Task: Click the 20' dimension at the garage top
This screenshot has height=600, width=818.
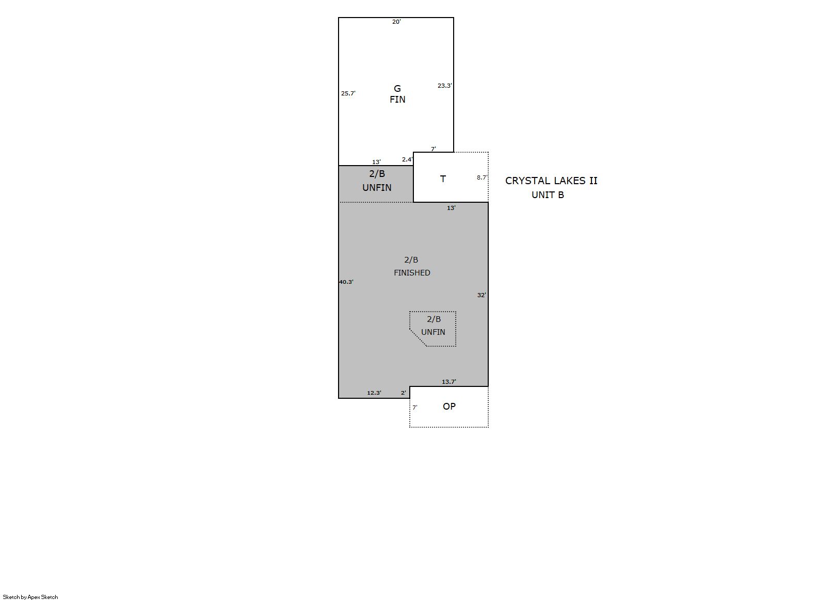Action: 396,22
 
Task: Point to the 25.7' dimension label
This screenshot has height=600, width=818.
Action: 348,93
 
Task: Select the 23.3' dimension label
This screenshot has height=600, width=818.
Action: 445,86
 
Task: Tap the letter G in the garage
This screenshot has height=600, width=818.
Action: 397,89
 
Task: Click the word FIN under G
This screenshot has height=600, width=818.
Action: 397,99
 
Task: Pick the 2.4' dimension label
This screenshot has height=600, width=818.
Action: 407,159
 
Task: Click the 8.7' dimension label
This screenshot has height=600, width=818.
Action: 482,178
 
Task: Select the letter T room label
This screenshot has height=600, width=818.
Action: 443,179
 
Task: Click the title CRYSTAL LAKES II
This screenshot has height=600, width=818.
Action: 551,181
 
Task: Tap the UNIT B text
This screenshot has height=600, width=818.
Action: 548,195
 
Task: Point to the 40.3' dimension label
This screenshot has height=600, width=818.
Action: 346,282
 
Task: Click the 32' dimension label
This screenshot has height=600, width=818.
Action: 482,295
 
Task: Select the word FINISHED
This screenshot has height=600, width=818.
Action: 412,272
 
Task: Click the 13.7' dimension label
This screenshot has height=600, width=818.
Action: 449,382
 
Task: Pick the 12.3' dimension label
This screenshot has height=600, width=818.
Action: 374,393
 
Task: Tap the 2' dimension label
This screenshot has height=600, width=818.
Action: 404,393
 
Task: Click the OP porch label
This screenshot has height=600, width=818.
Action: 449,407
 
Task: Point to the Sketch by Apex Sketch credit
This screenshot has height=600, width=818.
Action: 30,597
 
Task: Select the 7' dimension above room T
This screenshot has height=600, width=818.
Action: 434,149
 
